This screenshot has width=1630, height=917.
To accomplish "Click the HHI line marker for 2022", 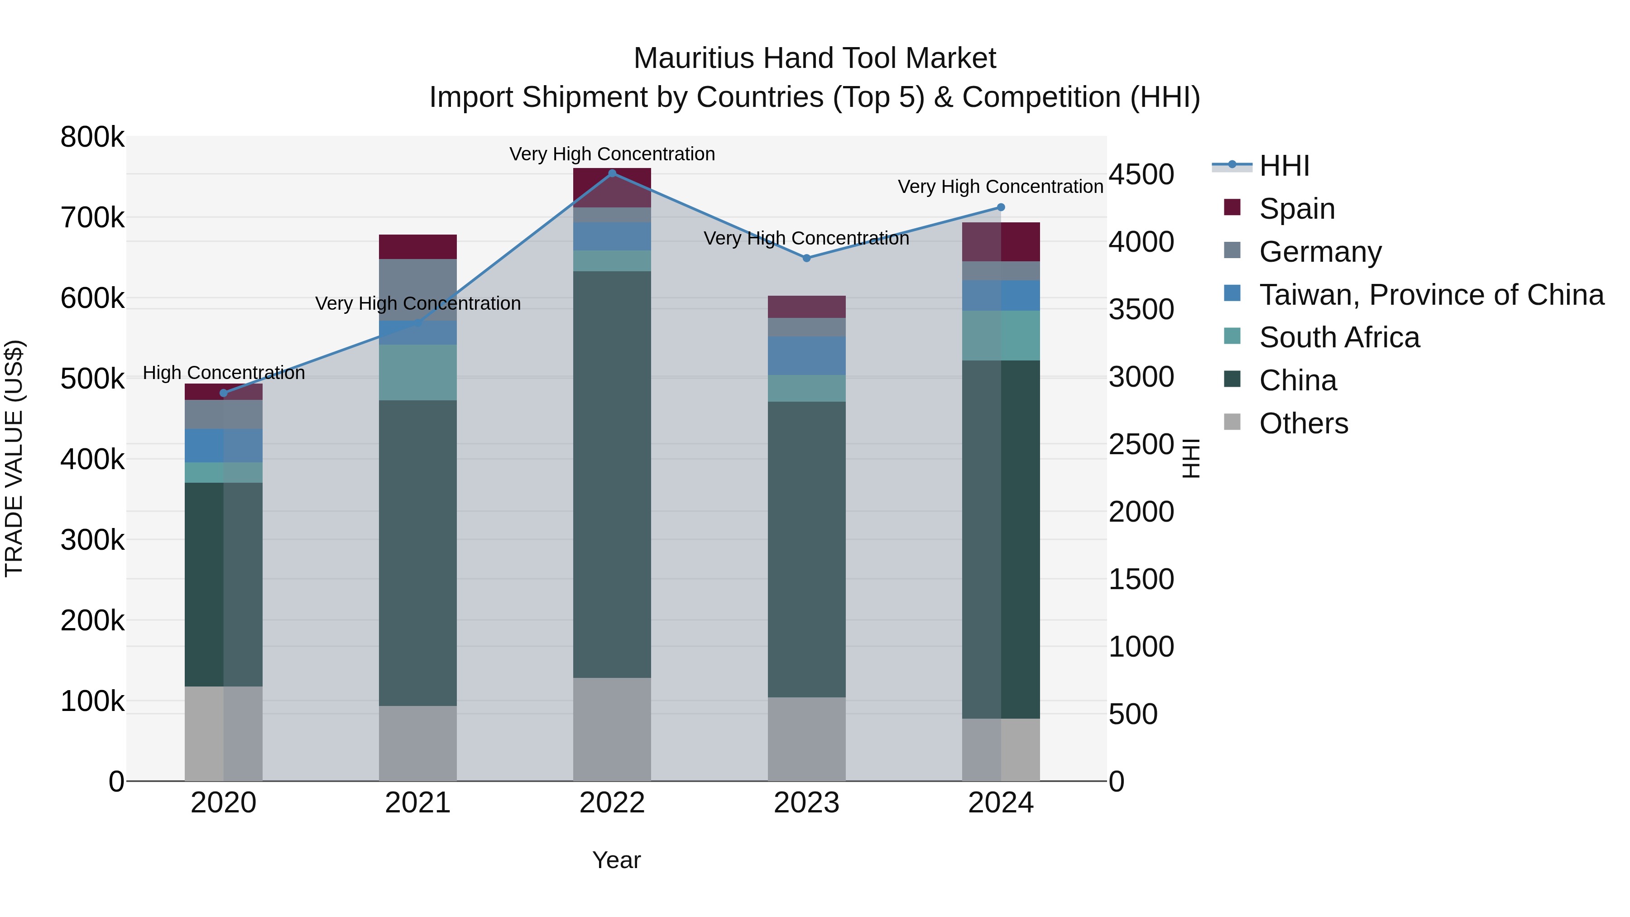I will pos(612,173).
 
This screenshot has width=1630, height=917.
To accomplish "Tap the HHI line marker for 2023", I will pos(806,258).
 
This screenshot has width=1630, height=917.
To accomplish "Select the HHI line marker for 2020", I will pos(223,393).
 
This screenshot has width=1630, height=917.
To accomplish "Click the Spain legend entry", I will pos(1297,209).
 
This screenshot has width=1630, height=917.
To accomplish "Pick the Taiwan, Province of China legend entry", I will pos(1431,295).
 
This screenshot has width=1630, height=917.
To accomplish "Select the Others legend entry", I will pos(1304,423).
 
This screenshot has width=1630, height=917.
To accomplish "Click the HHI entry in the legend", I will pos(1284,166).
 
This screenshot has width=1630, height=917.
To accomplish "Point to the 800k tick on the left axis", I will pos(92,137).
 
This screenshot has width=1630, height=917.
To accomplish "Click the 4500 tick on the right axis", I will pos(1141,175).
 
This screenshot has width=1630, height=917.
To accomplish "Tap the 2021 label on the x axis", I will pos(417,803).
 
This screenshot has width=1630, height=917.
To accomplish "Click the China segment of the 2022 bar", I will pos(612,475).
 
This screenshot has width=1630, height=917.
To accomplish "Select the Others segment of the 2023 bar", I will pos(806,739).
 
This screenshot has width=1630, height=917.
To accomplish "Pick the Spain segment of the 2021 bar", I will pos(417,247).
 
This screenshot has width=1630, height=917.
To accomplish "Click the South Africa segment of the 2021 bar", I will pos(417,372).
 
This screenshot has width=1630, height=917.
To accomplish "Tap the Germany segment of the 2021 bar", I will pos(417,289).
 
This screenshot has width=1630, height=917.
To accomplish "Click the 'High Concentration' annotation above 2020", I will pos(223,373).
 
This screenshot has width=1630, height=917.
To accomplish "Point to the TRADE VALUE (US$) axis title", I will pos(14,458).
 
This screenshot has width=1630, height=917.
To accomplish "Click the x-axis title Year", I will pos(616,860).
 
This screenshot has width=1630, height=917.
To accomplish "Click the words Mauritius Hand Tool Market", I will pos(815,58).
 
